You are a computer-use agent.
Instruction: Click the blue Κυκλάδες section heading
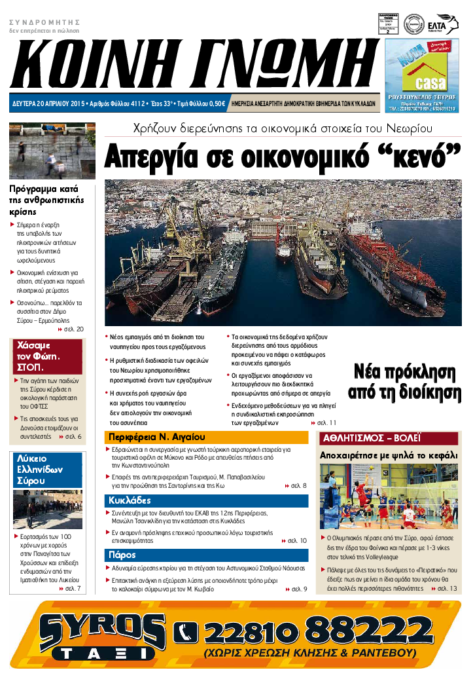[x=131, y=500]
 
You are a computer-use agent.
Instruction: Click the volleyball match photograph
[x=389, y=496]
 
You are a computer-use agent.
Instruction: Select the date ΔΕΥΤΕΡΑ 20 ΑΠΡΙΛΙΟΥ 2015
[x=49, y=103]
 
